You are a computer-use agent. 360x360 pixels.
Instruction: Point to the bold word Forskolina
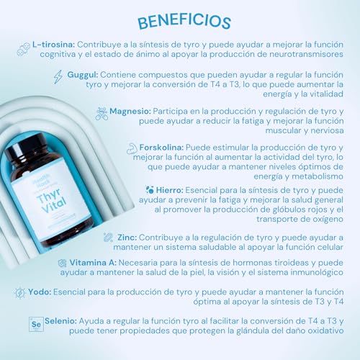(163, 148)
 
